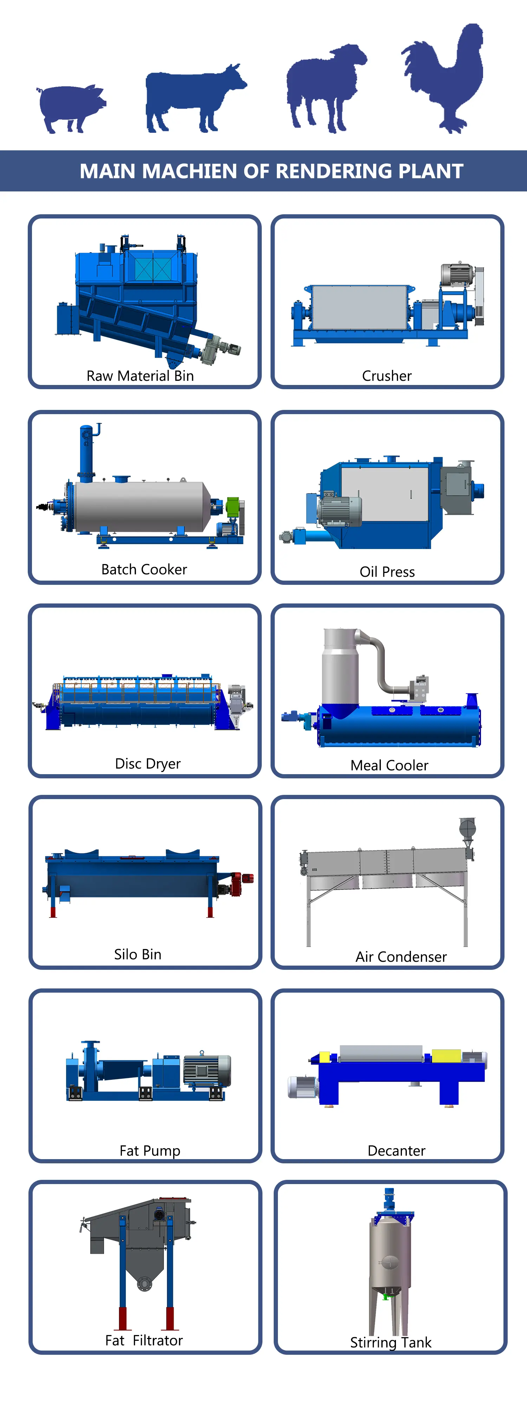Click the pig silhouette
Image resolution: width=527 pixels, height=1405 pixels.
tap(71, 107)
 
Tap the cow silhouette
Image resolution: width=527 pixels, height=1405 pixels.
tap(194, 98)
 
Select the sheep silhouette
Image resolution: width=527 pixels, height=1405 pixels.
tap(325, 87)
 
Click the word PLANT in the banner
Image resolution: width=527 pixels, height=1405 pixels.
tap(431, 171)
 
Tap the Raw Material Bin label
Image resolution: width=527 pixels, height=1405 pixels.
tap(140, 376)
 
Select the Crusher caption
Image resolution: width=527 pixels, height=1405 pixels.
tap(387, 376)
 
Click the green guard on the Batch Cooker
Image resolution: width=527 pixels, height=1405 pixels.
tap(233, 507)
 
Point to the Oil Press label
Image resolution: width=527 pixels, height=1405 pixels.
tap(387, 571)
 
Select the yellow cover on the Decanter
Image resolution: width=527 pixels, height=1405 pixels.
tap(446, 1056)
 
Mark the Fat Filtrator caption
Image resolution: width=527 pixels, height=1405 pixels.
tap(144, 1340)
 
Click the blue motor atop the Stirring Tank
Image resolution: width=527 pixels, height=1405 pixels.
tap(389, 1200)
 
